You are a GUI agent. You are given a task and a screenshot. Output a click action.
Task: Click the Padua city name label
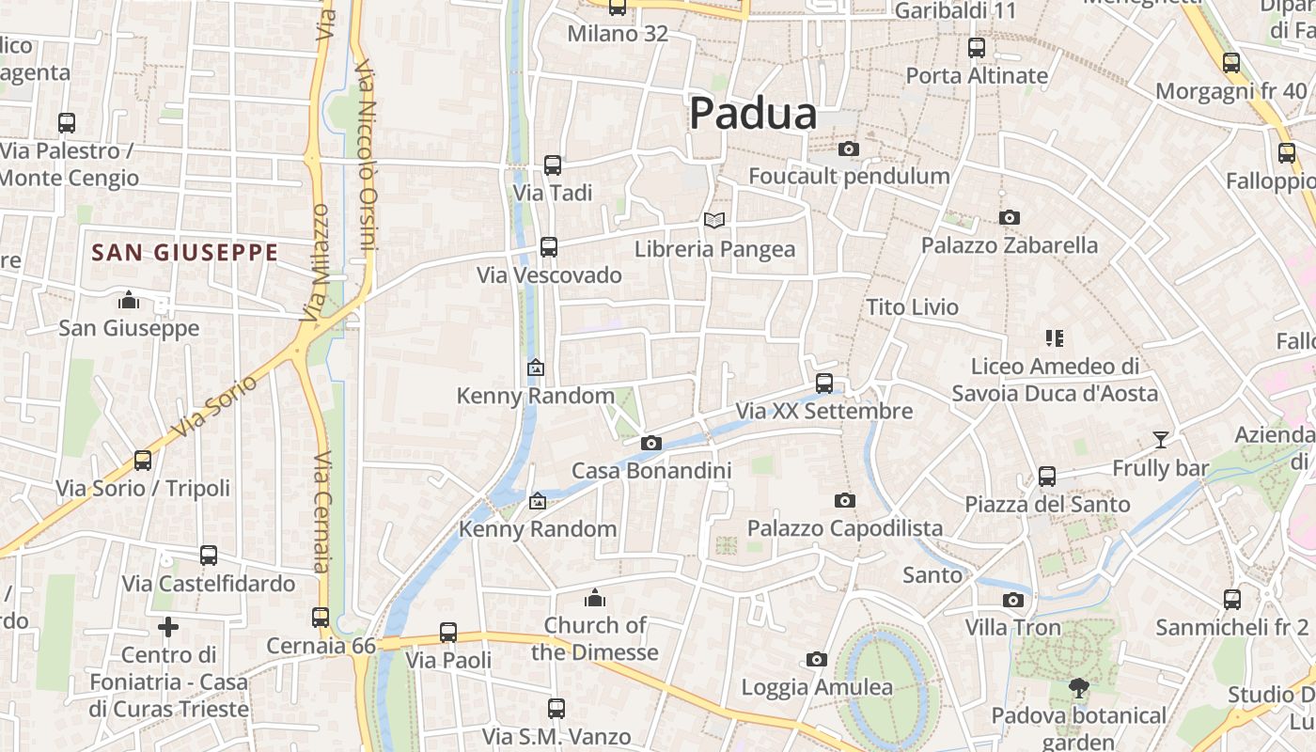coord(753,115)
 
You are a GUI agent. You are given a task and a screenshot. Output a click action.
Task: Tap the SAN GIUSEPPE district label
coord(185,253)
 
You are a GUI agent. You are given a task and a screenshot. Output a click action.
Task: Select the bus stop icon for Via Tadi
coord(553,165)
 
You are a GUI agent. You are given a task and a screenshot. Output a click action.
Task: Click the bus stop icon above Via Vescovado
coord(549,247)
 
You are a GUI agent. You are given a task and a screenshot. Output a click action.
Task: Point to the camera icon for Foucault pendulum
coord(848,149)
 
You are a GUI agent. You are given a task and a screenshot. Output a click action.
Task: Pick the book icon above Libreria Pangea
coord(714,220)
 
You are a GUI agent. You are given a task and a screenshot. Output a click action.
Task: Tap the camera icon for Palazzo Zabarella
coord(1010,217)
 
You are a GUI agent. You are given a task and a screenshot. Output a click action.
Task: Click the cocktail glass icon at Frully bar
coord(1161,440)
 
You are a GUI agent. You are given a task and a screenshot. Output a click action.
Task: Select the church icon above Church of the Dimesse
coord(594,598)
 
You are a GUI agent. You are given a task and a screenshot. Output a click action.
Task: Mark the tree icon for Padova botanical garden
coord(1078,688)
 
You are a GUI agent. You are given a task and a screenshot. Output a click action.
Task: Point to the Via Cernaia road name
coord(321,512)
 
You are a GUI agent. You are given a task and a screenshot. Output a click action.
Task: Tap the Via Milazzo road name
coord(315,263)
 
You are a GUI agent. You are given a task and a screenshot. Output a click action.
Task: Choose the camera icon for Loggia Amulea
coord(817,660)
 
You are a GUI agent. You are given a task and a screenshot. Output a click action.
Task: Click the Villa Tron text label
coord(1012,627)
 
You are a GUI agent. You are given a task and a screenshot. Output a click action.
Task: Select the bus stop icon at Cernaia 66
coord(321,618)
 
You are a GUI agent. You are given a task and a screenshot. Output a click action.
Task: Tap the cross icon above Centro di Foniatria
coord(168,626)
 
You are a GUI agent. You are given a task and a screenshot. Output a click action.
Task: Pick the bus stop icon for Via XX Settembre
coord(824,384)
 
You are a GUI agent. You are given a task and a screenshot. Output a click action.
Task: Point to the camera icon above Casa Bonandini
coord(650,443)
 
